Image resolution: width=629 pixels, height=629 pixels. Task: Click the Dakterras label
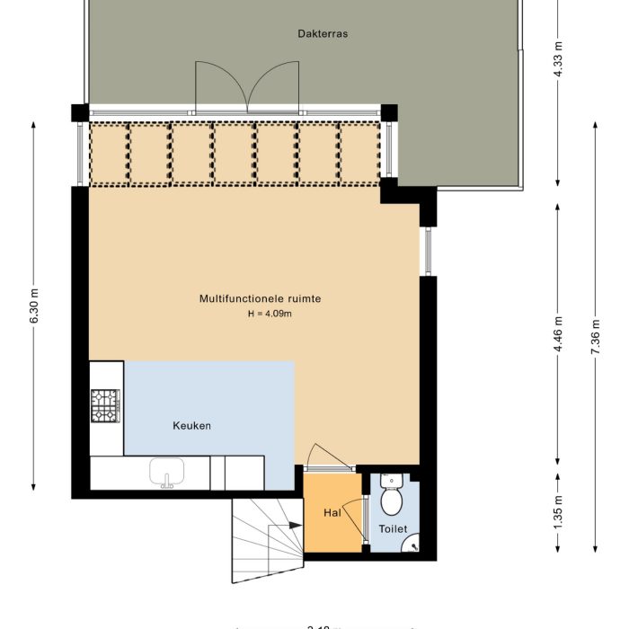click(323, 34)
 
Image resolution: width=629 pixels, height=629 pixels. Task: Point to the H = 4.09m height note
click(270, 314)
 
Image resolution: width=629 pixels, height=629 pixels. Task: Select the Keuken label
click(191, 426)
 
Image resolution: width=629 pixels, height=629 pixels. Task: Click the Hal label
click(332, 513)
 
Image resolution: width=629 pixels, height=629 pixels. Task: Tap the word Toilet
click(393, 529)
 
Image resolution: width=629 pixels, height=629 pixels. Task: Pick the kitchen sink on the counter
click(166, 470)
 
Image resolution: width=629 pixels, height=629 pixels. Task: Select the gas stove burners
click(105, 406)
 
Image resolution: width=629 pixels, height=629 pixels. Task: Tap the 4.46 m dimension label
click(559, 332)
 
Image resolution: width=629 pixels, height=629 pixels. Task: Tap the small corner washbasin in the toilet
click(412, 544)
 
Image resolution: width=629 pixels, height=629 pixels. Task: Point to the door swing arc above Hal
click(323, 455)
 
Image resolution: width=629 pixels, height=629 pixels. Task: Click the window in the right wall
click(428, 251)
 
